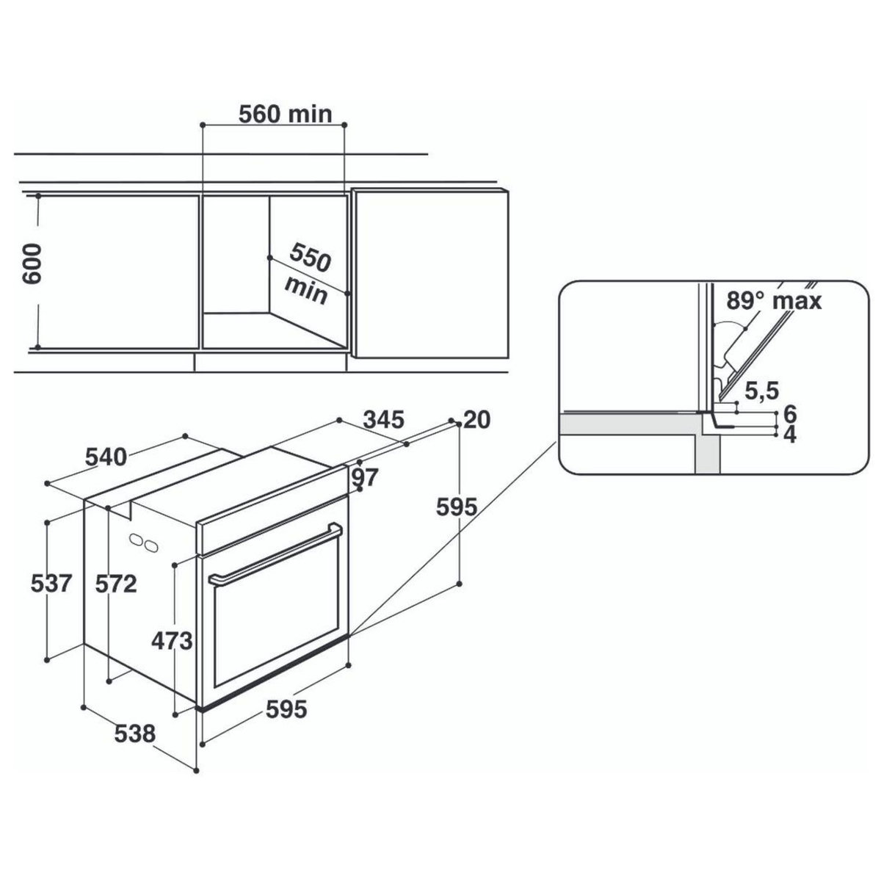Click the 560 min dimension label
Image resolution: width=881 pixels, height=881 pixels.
click(x=286, y=114)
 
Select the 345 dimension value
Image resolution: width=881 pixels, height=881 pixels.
click(x=384, y=420)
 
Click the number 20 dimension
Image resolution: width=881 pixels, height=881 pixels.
click(x=477, y=420)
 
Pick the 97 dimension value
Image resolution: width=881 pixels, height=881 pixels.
click(x=364, y=478)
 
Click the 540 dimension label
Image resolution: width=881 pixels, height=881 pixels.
click(x=106, y=457)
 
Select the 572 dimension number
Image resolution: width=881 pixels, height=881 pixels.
click(x=117, y=584)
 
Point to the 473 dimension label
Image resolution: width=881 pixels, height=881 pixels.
click(x=172, y=641)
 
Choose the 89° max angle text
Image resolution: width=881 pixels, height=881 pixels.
click(x=773, y=300)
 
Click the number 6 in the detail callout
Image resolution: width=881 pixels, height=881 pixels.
click(x=790, y=412)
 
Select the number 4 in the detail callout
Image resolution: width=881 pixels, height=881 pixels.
click(x=790, y=435)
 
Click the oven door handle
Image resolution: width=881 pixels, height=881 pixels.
click(x=275, y=556)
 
